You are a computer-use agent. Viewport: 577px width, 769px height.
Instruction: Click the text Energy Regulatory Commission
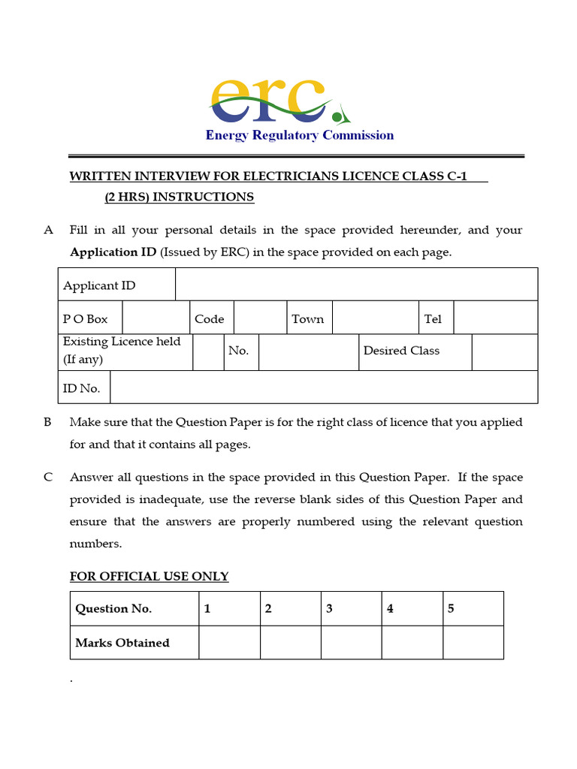click(x=300, y=135)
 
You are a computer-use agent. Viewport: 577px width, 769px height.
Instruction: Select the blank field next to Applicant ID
click(x=356, y=285)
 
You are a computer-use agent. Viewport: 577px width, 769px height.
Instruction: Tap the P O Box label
click(x=86, y=318)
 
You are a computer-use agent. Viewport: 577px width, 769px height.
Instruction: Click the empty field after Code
click(x=260, y=318)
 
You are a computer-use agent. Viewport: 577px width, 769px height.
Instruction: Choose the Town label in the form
click(x=308, y=318)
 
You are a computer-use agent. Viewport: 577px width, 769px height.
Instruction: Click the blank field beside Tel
click(x=495, y=318)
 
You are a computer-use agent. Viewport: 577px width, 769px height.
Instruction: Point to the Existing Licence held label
click(x=122, y=350)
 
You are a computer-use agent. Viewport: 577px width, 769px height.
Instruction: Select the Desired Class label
click(x=401, y=351)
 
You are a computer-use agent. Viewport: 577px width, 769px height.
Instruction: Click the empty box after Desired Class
click(x=504, y=351)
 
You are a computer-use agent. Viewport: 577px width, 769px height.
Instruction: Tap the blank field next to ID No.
click(x=323, y=387)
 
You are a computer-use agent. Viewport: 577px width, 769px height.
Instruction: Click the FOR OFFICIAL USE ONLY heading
click(x=150, y=577)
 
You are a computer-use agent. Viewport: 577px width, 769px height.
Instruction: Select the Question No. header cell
click(x=113, y=608)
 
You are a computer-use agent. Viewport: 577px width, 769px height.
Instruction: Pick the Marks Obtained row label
click(x=122, y=643)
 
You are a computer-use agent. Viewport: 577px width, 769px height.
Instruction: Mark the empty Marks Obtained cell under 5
click(x=473, y=643)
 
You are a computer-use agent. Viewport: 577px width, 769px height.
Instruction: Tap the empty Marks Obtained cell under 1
click(x=229, y=643)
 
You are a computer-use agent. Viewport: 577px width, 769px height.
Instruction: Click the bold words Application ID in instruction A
click(x=113, y=252)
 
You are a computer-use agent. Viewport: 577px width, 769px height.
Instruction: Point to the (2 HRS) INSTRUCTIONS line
click(x=179, y=197)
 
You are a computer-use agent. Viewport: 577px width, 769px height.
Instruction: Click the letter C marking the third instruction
click(x=47, y=477)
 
